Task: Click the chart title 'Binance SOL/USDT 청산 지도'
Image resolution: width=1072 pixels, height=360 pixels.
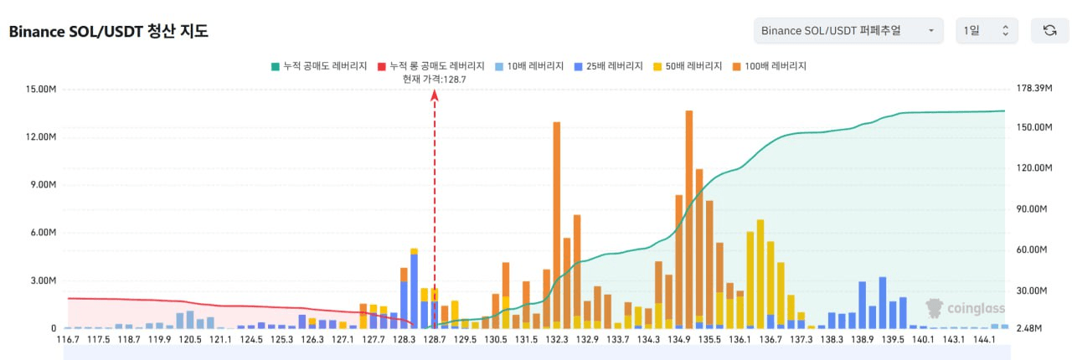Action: tap(108, 32)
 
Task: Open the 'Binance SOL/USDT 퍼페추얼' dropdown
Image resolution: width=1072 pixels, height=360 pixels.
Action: tap(848, 31)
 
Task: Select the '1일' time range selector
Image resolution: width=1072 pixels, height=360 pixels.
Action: tap(987, 31)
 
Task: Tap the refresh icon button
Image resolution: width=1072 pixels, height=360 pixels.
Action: tap(1049, 31)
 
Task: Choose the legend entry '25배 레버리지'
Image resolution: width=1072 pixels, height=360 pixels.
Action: tap(609, 65)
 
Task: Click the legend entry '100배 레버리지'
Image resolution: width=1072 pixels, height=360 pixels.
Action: tap(770, 65)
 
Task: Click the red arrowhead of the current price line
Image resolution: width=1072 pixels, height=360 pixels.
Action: tap(435, 95)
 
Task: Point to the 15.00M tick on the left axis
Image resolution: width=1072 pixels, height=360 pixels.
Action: tap(39, 90)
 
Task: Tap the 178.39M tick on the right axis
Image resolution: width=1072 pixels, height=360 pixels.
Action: tap(1032, 90)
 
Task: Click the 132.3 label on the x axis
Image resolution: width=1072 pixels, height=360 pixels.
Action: tap(557, 340)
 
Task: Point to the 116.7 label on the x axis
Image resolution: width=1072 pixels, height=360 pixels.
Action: tap(68, 340)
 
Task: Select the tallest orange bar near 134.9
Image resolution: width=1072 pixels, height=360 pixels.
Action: tap(688, 218)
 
